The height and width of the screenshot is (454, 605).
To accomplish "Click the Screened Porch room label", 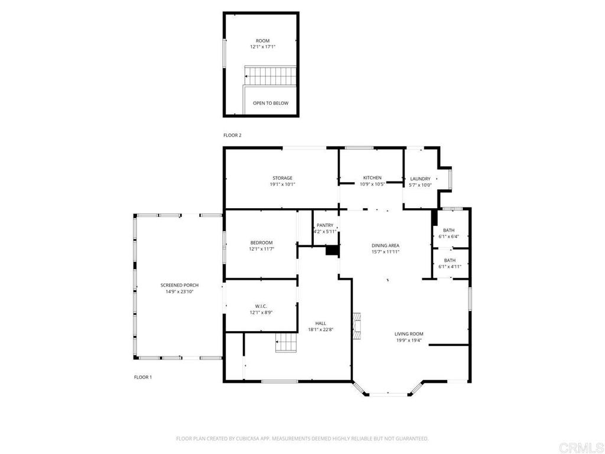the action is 180,286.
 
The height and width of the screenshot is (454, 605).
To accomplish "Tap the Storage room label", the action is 282,178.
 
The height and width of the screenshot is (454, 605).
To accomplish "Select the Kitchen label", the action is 372,178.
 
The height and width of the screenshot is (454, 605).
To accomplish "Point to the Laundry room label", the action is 420,179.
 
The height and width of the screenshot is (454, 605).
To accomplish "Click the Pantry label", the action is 325,225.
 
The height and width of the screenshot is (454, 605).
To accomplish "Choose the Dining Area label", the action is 385,245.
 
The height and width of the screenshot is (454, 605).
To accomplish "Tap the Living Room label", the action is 409,334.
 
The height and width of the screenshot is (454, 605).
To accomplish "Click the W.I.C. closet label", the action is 261,306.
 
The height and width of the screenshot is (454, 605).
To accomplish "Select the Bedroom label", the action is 262,243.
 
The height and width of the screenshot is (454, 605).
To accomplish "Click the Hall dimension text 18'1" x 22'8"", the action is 321,330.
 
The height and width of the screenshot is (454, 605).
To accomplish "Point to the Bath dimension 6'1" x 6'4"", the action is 449,236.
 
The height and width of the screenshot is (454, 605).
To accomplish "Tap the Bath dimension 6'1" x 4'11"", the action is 450,267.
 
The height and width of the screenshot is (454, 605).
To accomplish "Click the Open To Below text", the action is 271,103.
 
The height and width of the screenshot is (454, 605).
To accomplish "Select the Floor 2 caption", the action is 232,135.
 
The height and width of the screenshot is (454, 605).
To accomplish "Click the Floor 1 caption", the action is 143,377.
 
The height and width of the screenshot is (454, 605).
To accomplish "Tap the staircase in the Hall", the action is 287,343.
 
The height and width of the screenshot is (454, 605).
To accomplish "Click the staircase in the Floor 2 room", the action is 271,76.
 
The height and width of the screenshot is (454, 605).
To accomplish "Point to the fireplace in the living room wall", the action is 357,326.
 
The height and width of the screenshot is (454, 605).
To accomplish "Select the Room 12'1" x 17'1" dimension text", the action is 263,47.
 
